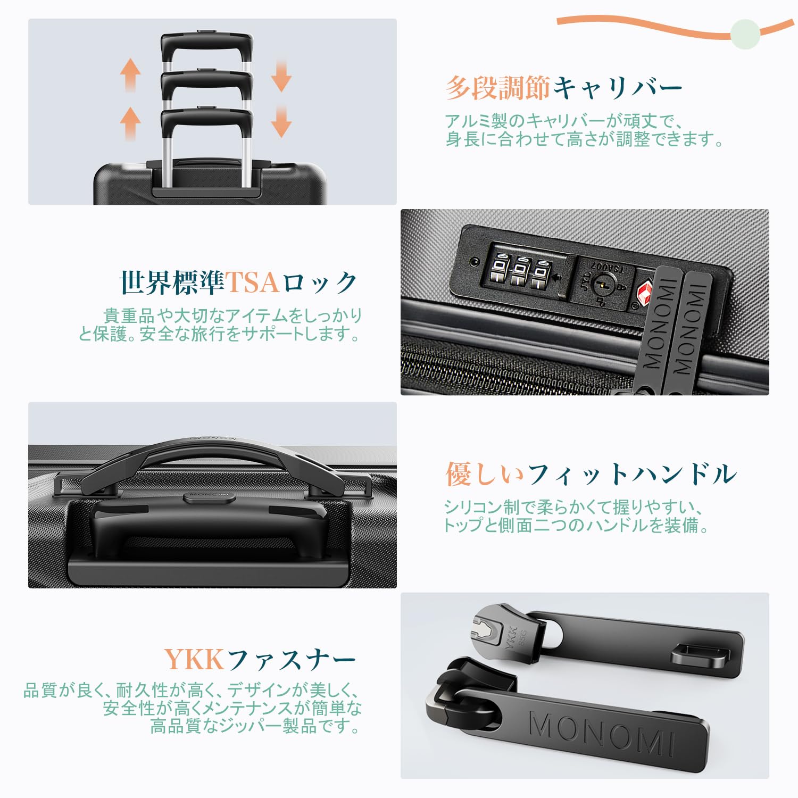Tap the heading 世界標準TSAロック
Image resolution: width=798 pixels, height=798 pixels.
pos(238,282)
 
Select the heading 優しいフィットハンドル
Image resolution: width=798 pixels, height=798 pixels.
pos(591,473)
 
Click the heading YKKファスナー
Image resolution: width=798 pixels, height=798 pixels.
pos(260,660)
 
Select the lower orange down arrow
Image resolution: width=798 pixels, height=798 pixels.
pos(281,121)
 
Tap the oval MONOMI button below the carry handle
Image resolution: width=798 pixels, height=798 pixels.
pos(209,497)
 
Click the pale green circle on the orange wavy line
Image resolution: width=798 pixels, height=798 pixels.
pos(745,34)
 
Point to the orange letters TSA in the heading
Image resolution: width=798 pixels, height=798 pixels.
pos(252,282)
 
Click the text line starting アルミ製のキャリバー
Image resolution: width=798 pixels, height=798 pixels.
pos(563,121)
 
